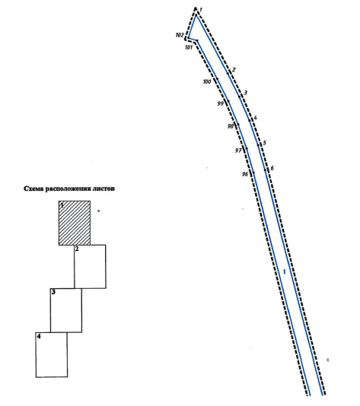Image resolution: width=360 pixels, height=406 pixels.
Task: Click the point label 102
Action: [180, 35]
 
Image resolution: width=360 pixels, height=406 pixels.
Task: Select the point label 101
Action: [189, 47]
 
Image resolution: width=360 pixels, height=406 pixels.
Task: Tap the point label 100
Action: [207, 82]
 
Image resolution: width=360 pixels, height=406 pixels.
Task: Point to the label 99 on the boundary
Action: [220, 104]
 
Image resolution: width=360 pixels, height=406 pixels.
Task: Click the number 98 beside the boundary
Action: [231, 126]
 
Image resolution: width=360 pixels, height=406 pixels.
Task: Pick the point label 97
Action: [238, 151]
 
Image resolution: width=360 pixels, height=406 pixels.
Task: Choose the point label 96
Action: [245, 174]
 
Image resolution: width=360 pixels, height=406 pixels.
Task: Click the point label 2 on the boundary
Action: [234, 70]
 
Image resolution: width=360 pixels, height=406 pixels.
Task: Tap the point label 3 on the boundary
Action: [246, 93]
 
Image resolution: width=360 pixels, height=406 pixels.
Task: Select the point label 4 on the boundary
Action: [255, 118]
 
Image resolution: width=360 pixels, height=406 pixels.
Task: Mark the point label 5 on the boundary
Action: [264, 143]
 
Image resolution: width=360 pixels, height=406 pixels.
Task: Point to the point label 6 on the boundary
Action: [272, 168]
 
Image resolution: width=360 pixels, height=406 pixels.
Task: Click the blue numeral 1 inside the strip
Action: [285, 272]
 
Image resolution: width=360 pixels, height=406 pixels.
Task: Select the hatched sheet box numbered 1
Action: [75, 223]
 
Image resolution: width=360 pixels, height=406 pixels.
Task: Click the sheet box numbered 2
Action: [90, 266]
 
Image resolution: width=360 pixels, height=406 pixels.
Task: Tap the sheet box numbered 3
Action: [66, 310]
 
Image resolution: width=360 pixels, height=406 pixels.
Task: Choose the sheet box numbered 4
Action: [52, 355]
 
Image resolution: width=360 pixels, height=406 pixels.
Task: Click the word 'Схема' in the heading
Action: [33, 189]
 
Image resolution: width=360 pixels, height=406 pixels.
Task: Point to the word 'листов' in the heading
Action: [104, 189]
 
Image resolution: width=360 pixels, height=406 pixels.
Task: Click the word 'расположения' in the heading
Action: [68, 189]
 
